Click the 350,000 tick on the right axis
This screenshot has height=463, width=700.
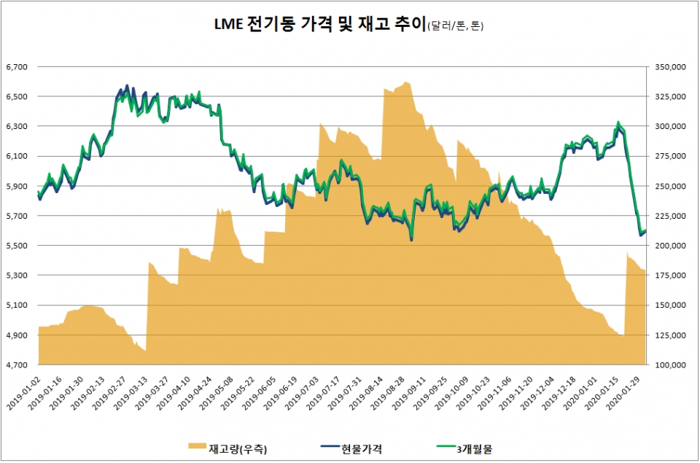pyautogui.click(x=671, y=67)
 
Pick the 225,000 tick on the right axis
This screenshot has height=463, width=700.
pyautogui.click(x=671, y=216)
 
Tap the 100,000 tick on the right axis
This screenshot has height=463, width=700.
pyautogui.click(x=671, y=365)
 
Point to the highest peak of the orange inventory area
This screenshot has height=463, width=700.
pyautogui.click(x=406, y=82)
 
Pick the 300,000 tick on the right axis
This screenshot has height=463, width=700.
pyautogui.click(x=671, y=127)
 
